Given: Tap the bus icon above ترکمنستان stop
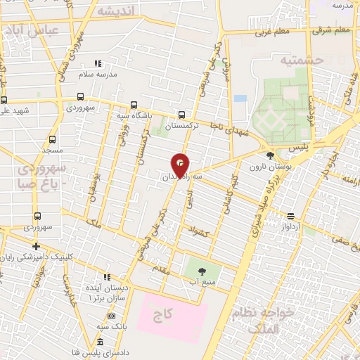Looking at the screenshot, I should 182,114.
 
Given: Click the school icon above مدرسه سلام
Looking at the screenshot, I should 98,64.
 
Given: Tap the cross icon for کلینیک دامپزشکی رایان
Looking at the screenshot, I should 36,245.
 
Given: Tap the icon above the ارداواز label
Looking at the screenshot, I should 291,216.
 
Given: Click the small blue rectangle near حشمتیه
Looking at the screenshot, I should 240,98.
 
